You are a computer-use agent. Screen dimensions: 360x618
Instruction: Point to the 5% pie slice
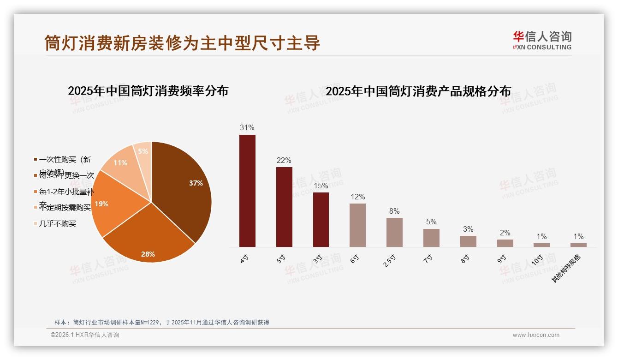point(143,152)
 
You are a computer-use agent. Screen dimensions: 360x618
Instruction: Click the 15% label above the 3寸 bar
point(321,186)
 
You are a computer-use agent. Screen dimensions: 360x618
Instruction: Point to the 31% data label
point(247,127)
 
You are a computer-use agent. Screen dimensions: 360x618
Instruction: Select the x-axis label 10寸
point(537,259)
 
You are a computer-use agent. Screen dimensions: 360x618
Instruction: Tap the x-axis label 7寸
point(428,258)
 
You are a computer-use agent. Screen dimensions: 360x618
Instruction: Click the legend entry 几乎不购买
point(57,224)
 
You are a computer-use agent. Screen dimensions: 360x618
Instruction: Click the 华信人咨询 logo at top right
point(542,40)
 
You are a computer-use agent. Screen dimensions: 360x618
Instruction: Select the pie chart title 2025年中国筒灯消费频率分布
point(148,90)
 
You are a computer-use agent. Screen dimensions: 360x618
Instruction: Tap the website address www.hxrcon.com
point(536,335)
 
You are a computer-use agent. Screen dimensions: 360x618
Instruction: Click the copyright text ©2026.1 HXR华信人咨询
point(85,335)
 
